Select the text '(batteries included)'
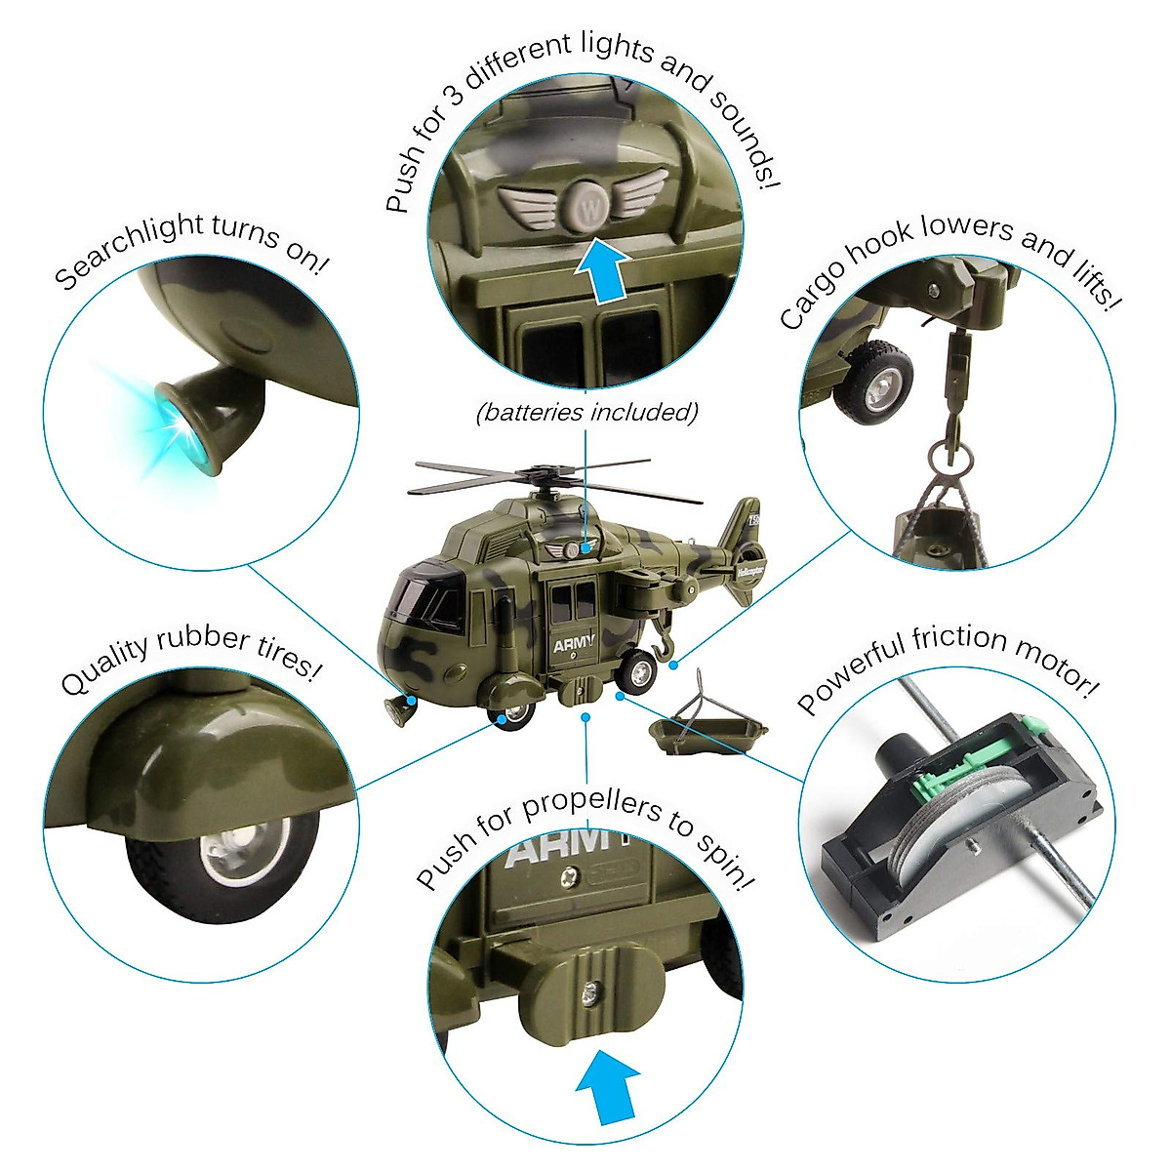(586, 413)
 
